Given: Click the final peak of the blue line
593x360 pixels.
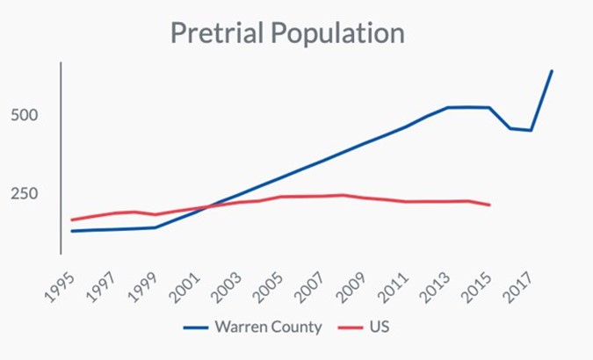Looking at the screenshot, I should (x=552, y=70).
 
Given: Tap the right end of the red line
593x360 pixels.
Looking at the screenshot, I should (x=489, y=205).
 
